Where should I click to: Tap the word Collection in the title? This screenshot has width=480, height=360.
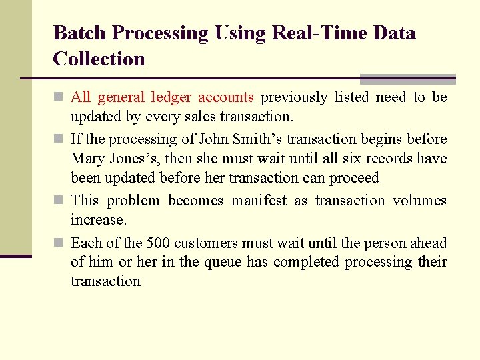click(99, 59)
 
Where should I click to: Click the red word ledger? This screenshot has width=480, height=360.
click(171, 97)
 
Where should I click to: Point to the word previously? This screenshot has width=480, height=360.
click(294, 97)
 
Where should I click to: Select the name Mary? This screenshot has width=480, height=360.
click(87, 159)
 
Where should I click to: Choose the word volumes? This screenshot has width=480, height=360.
click(419, 201)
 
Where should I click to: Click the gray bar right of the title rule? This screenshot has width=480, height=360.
click(407, 78)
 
